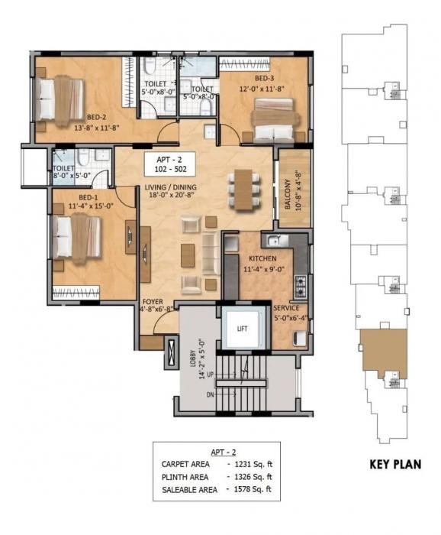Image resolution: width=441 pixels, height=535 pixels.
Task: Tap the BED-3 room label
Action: click(x=265, y=77)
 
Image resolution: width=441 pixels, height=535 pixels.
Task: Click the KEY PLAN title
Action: click(x=394, y=464)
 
